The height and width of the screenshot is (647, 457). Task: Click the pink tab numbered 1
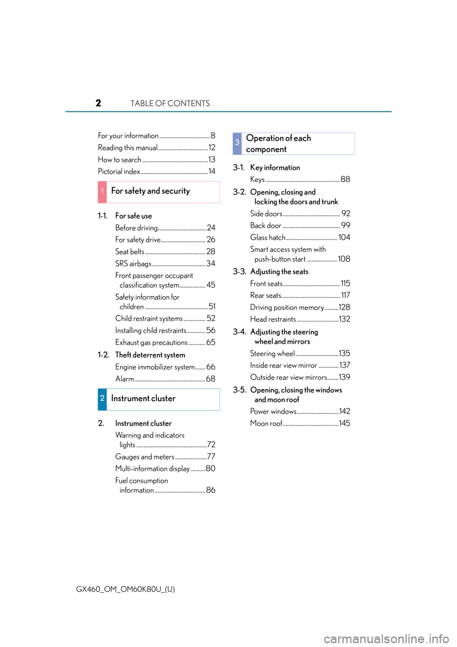pos(102,192)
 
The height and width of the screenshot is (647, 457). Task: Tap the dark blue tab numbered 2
pos(102,399)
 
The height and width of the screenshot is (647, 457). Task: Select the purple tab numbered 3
pos(237,143)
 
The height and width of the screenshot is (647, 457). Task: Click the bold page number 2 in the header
pos(99,103)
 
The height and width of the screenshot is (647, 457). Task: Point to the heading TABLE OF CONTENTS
pos(170,103)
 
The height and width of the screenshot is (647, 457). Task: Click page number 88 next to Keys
pos(345,179)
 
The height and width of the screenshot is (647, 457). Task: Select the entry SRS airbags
pos(133,264)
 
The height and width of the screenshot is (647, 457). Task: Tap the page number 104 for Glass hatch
pos(344,237)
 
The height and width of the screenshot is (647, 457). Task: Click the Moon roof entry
pos(266,423)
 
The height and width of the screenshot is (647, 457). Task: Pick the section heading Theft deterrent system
pos(150,355)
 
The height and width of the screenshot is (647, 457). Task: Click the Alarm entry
pos(125,379)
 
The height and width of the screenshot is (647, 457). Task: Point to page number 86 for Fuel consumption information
pos(210,490)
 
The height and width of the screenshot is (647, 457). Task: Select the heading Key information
pos(275,168)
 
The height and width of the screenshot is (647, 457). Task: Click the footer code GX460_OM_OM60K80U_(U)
pos(126,589)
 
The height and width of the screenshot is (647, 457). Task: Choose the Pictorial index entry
pos(119,172)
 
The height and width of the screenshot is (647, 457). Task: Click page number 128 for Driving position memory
pos(345,307)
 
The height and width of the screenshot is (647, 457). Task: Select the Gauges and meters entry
pos(145,456)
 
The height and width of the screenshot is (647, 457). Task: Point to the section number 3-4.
pos(239,332)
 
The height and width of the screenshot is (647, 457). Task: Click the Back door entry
pos(266,225)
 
